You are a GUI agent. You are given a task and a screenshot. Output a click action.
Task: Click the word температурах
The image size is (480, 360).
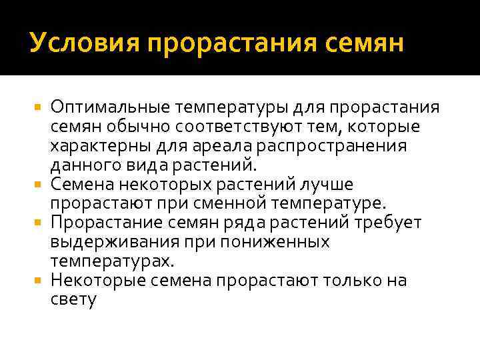103,261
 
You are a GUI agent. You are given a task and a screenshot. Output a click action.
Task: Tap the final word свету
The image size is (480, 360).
73,299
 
